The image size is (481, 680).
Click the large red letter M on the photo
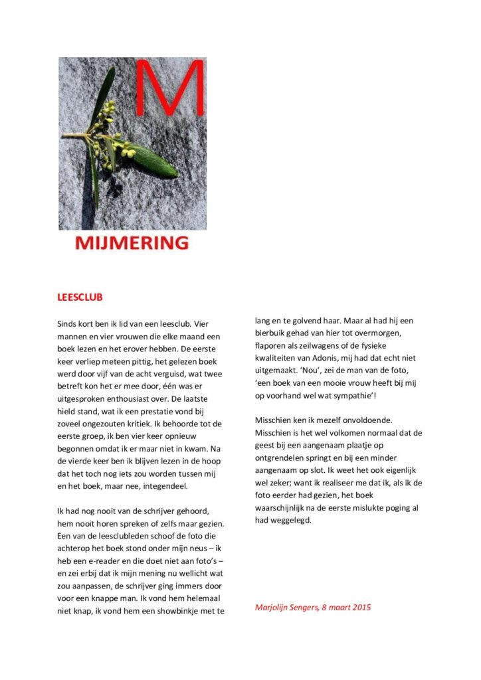point(169,93)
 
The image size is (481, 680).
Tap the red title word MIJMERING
point(132,243)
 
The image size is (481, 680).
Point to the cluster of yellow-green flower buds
point(106,130)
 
